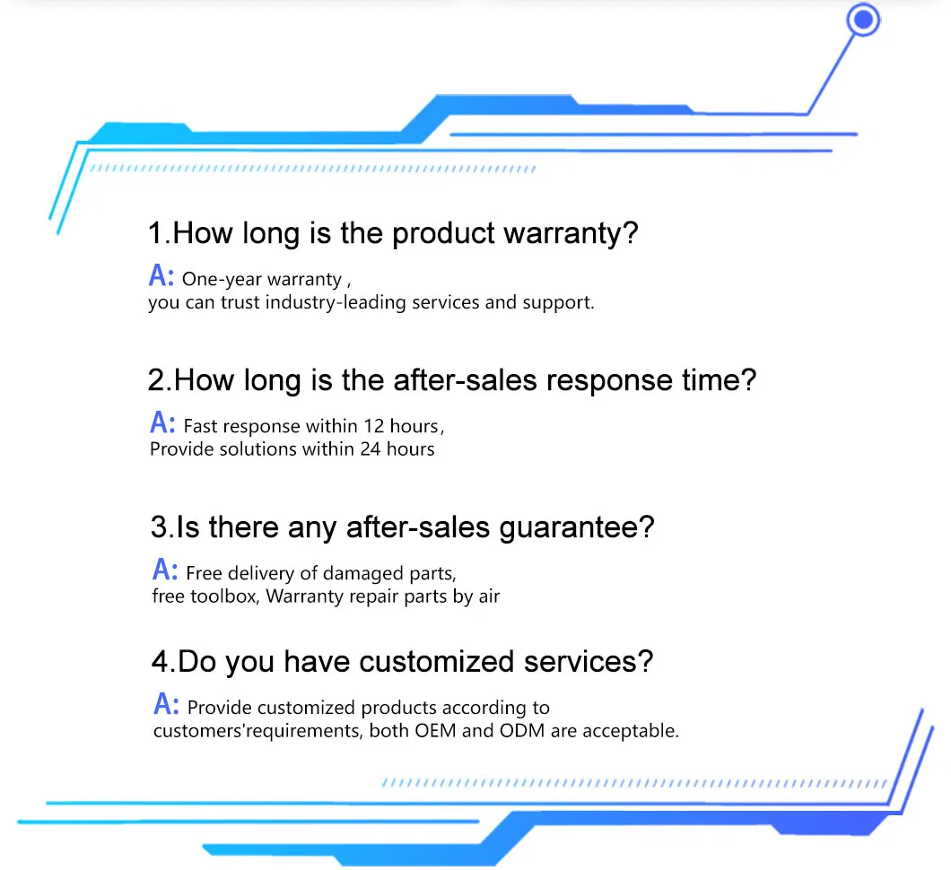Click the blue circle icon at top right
point(863,20)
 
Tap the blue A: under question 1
point(161,275)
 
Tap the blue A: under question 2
point(162,422)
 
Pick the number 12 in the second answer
point(374,426)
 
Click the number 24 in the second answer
point(371,448)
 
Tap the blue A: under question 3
point(165,569)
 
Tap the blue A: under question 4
point(167,703)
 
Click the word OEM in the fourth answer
point(435,731)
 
